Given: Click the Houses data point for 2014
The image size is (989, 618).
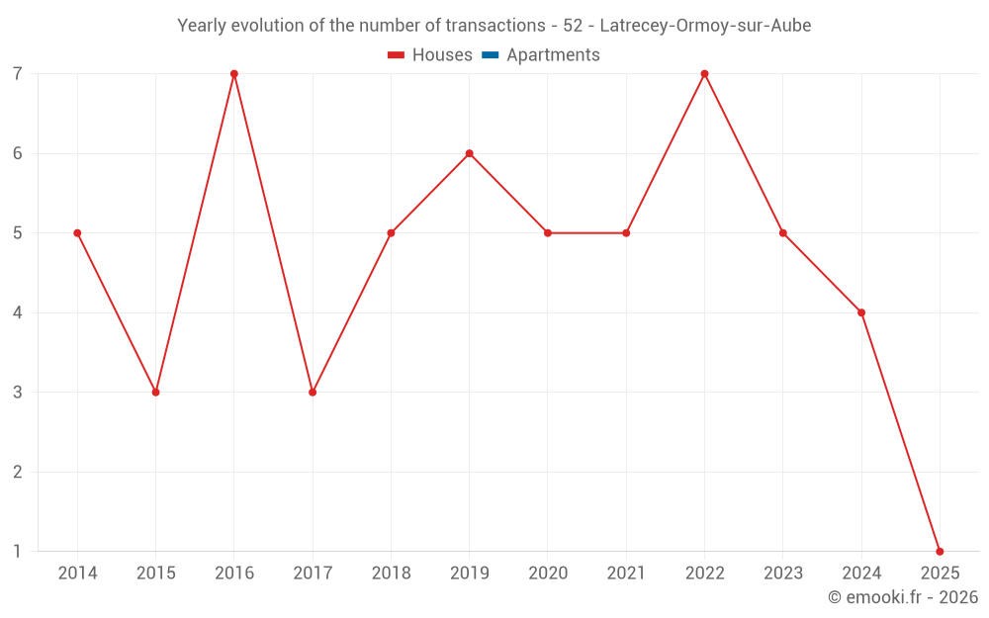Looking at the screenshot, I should pyautogui.click(x=77, y=233).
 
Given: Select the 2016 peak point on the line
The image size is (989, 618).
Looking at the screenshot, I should pyautogui.click(x=234, y=74).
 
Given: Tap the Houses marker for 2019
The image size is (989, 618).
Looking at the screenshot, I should pyautogui.click(x=470, y=153).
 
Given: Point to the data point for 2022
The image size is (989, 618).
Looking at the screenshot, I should pyautogui.click(x=704, y=74).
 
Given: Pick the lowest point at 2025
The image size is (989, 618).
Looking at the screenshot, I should pyautogui.click(x=940, y=551).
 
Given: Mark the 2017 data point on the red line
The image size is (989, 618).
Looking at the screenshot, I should pyautogui.click(x=313, y=393).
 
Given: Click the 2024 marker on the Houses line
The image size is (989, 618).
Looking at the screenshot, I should pyautogui.click(x=861, y=312).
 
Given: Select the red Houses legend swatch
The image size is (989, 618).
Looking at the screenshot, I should pyautogui.click(x=397, y=55).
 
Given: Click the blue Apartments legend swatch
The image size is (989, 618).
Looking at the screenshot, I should pyautogui.click(x=491, y=55).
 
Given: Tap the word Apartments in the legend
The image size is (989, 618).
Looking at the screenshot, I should pyautogui.click(x=553, y=55).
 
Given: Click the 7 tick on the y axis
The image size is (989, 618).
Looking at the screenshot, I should pyautogui.click(x=18, y=74).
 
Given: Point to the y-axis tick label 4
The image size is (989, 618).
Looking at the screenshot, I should pyautogui.click(x=18, y=312).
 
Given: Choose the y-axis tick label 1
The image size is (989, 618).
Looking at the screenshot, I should pyautogui.click(x=18, y=551).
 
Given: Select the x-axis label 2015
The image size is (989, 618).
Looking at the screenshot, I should pyautogui.click(x=155, y=574).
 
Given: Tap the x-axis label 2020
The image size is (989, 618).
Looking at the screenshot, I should pyautogui.click(x=548, y=574).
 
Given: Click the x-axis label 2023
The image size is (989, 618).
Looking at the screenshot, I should pyautogui.click(x=783, y=574).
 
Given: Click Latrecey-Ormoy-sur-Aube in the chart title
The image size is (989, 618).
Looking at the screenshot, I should pyautogui.click(x=705, y=26).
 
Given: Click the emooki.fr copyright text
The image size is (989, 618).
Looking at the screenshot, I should pyautogui.click(x=903, y=597).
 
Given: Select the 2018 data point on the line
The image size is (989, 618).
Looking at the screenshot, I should pyautogui.click(x=391, y=233).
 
